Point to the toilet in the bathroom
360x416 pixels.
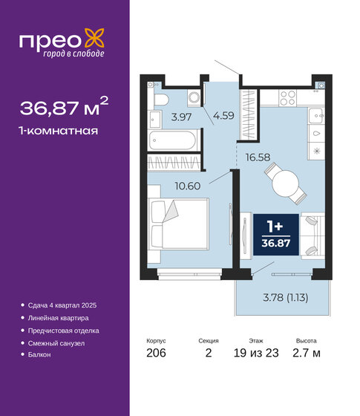[161, 99]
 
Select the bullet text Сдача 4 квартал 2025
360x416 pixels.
[66, 306]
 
